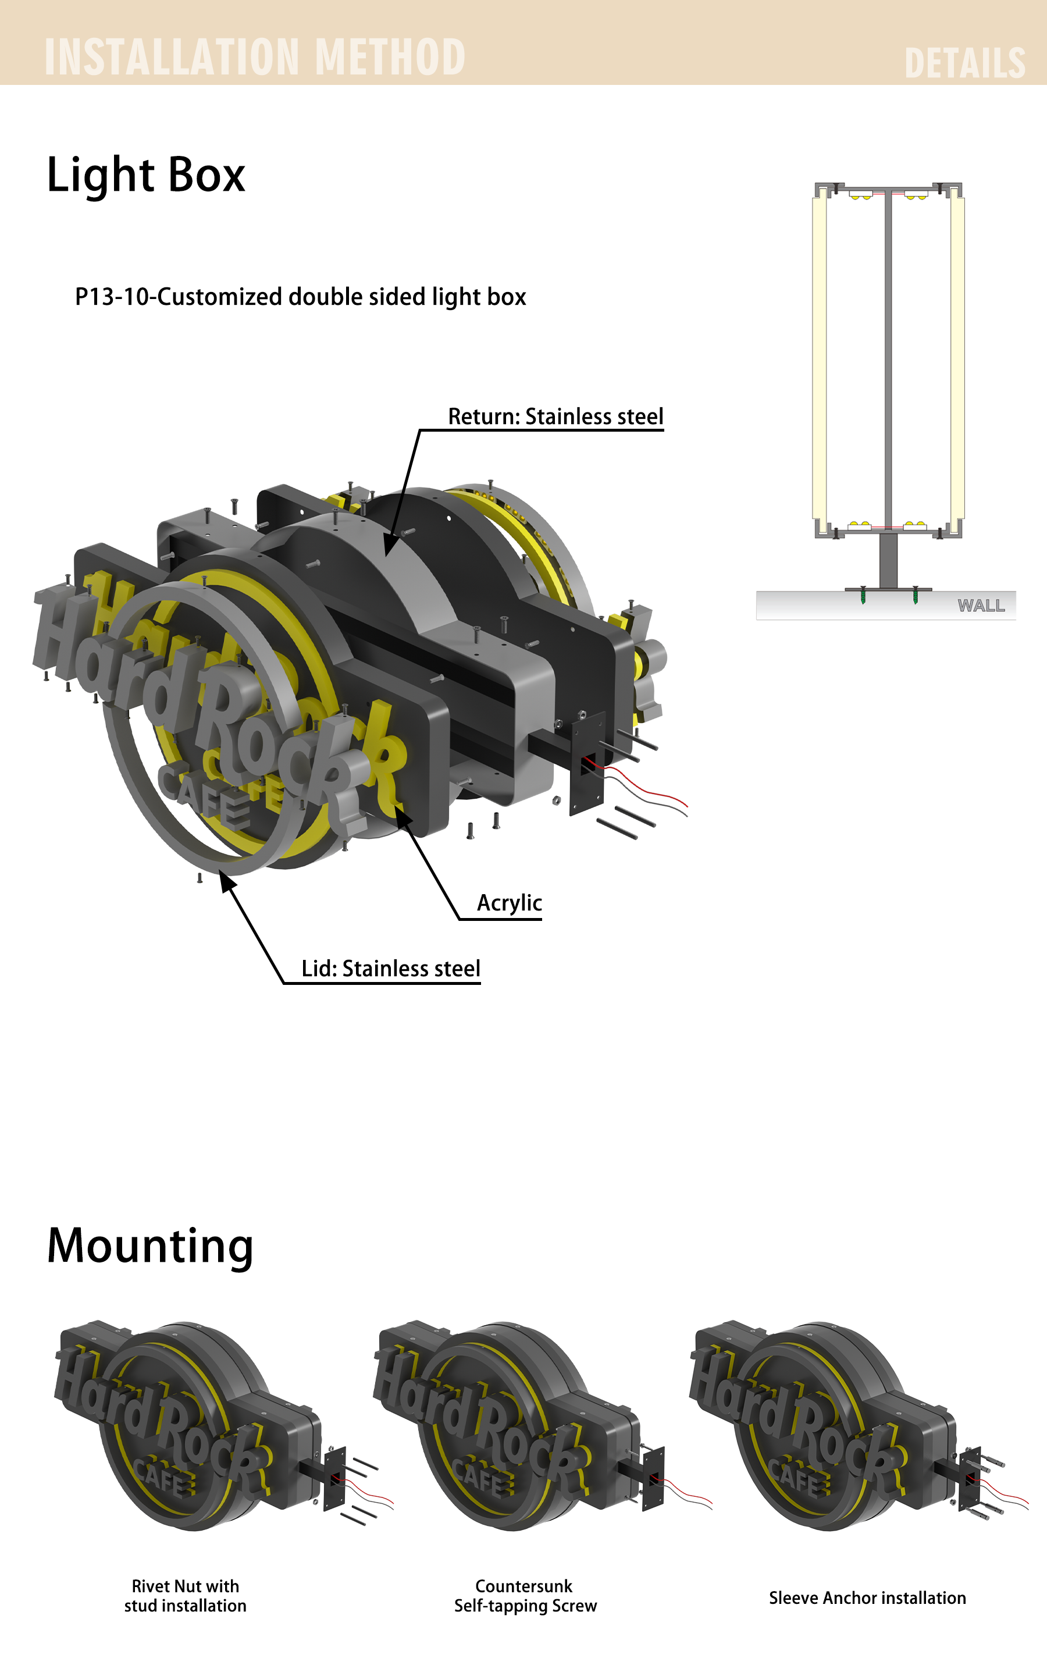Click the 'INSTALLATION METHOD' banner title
[x=255, y=56]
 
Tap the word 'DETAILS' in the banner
[x=964, y=63]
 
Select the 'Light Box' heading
[x=146, y=175]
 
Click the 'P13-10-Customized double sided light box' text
[x=300, y=297]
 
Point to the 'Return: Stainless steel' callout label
[x=555, y=417]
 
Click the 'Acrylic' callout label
[x=510, y=903]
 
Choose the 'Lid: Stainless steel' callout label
[x=391, y=968]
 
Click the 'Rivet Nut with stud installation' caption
[x=185, y=1595]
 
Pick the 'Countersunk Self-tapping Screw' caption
[x=525, y=1595]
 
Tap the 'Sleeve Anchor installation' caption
[x=867, y=1597]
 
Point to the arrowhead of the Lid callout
[x=226, y=879]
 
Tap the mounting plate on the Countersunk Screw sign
[x=653, y=1478]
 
